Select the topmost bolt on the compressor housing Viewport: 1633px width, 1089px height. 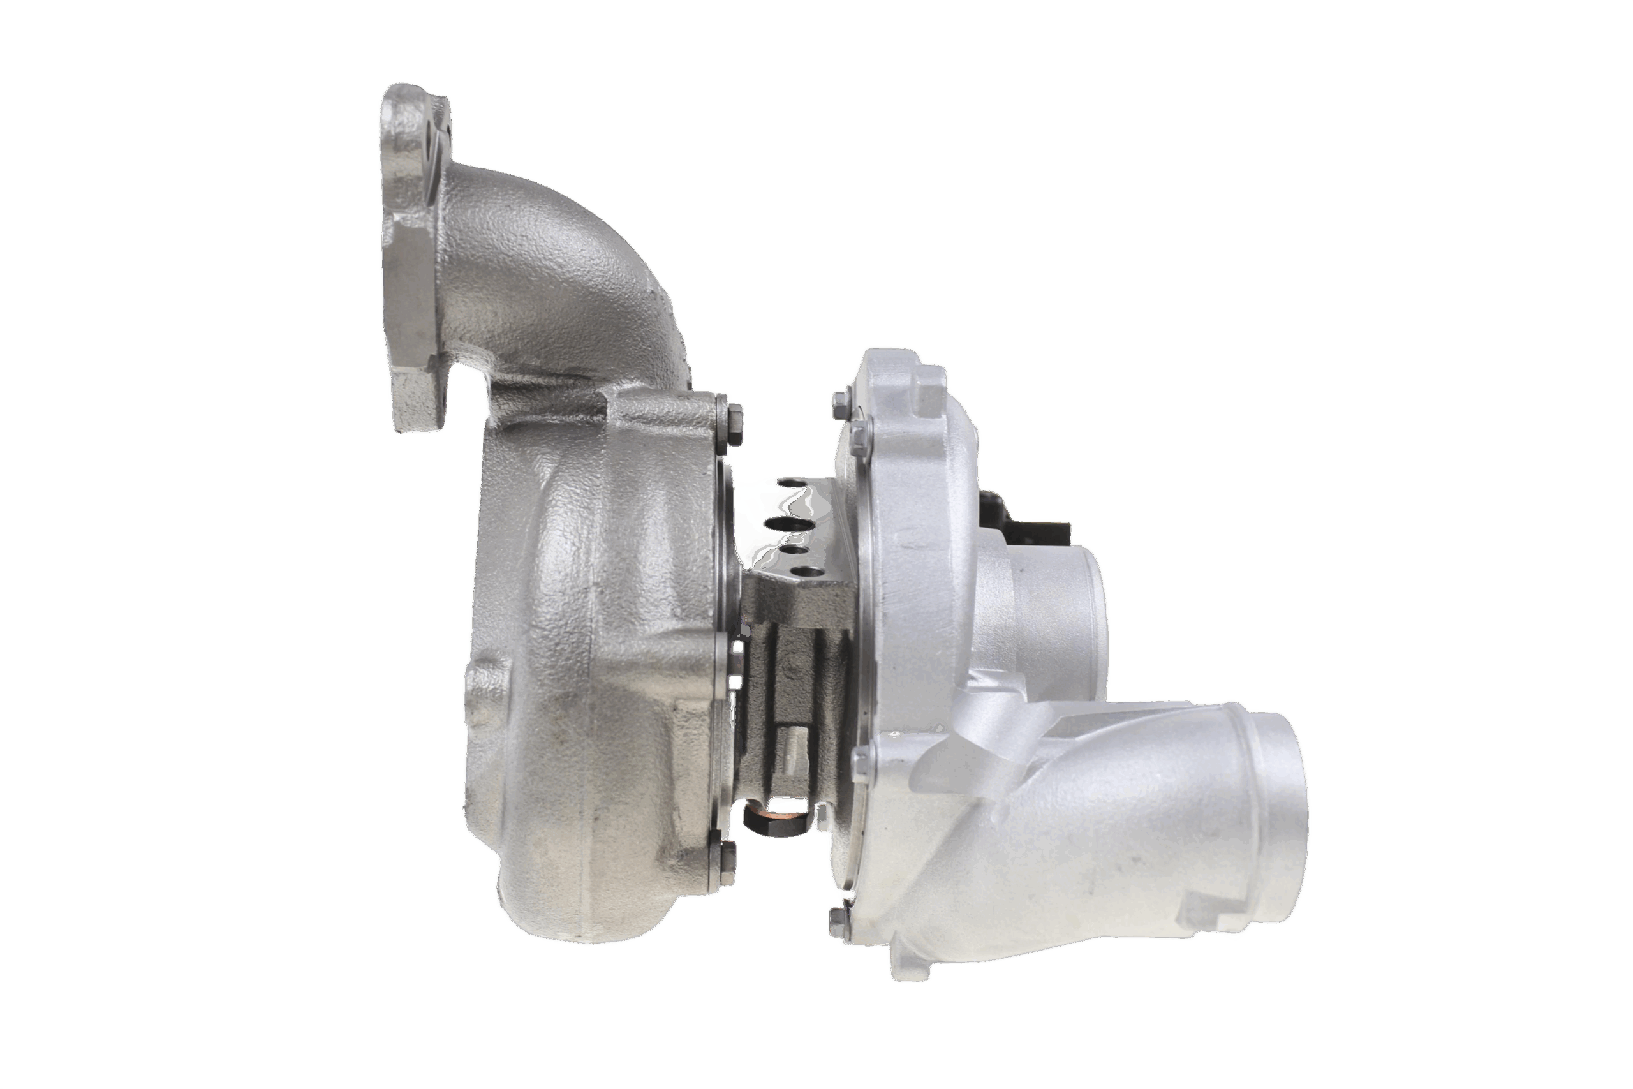[x=839, y=401]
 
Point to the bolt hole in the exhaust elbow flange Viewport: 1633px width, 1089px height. [x=431, y=142]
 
